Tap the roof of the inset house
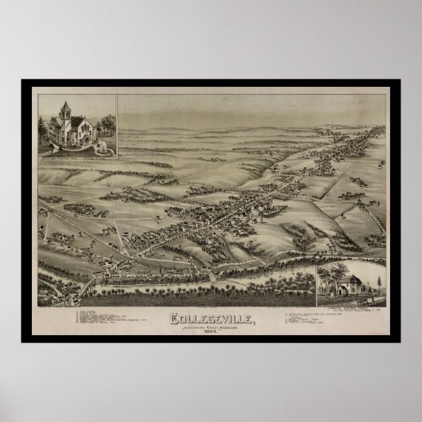350,280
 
